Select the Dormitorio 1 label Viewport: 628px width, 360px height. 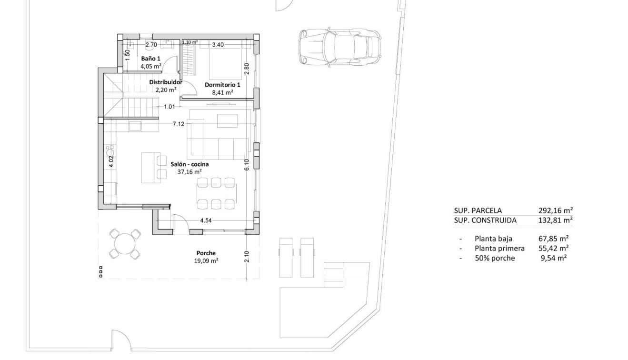(x=222, y=85)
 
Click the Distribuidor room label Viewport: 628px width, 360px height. (x=166, y=82)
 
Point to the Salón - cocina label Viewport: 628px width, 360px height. (x=189, y=164)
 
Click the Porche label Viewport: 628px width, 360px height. (x=206, y=253)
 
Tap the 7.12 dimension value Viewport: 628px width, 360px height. (x=179, y=124)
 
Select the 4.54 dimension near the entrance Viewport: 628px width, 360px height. (x=206, y=220)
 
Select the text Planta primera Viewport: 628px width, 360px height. (x=499, y=248)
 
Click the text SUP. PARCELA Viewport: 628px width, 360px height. (x=478, y=210)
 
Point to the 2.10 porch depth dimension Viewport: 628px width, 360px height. (x=247, y=258)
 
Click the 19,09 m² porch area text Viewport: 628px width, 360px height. (x=206, y=260)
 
